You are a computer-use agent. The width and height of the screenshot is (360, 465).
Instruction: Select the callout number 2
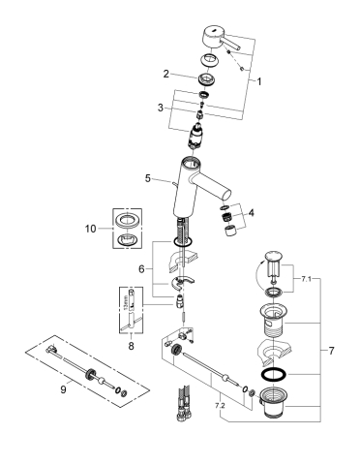pos(165,74)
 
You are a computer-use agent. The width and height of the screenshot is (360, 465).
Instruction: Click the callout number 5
pos(148,177)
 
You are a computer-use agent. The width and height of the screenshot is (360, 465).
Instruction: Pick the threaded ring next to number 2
pos(204,80)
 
